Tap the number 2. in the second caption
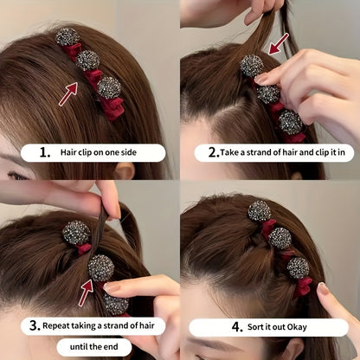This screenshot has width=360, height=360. tap(201, 152)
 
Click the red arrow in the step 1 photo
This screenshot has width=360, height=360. tap(68, 92)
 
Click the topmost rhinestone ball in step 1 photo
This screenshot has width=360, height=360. tap(66, 37)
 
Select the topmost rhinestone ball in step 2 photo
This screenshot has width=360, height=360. tap(251, 66)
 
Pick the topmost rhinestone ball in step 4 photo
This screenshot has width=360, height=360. tap(259, 210)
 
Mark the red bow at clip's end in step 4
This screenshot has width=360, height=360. tap(303, 286)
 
